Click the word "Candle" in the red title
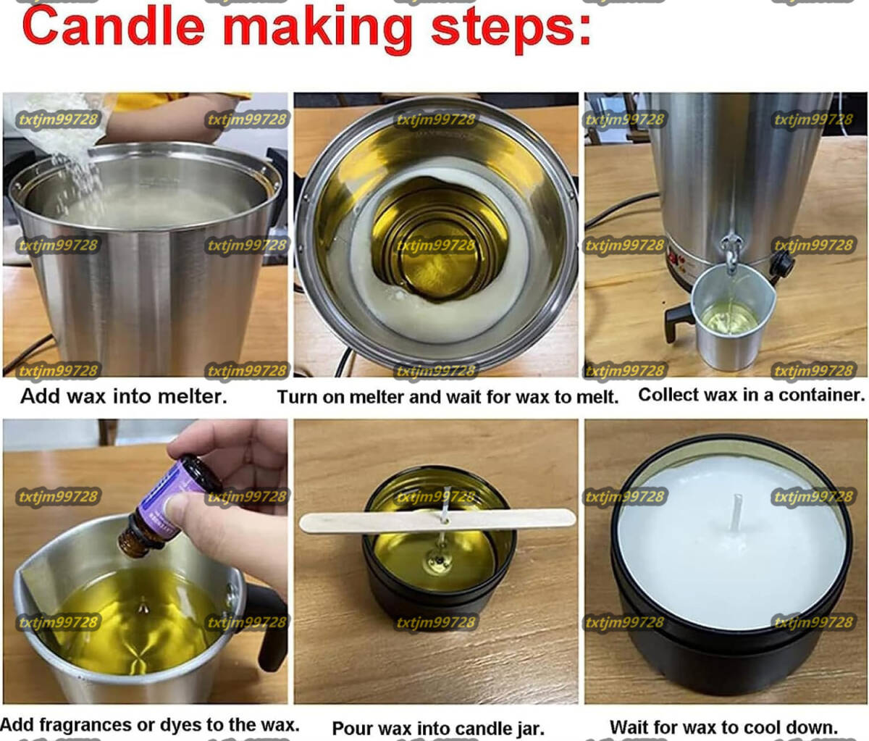(x=114, y=26)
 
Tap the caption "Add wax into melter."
(x=124, y=396)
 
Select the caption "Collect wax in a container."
(x=752, y=395)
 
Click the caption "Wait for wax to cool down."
(x=724, y=727)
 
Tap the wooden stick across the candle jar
(x=437, y=521)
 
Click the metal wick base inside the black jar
(x=438, y=560)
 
